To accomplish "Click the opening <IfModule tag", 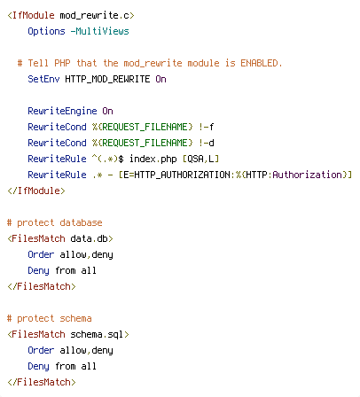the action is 31,15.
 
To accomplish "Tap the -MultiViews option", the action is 100,31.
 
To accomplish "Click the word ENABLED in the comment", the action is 259,63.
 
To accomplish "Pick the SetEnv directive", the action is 43,79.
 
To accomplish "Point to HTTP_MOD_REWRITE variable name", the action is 107,79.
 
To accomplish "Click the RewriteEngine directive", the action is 62,111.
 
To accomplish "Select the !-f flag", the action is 207,127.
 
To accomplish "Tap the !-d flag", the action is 207,143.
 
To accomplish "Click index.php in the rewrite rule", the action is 153,159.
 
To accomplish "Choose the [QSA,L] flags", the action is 200,159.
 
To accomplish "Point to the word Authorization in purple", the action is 307,175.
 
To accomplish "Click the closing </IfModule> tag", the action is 36,191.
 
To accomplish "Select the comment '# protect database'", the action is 55,222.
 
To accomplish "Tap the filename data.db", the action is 90,238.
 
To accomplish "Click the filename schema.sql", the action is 98,334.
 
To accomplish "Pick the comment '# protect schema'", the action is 50,318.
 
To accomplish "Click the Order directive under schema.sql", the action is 41,350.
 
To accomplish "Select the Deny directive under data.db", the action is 38,270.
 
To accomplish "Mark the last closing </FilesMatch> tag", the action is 42,382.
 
